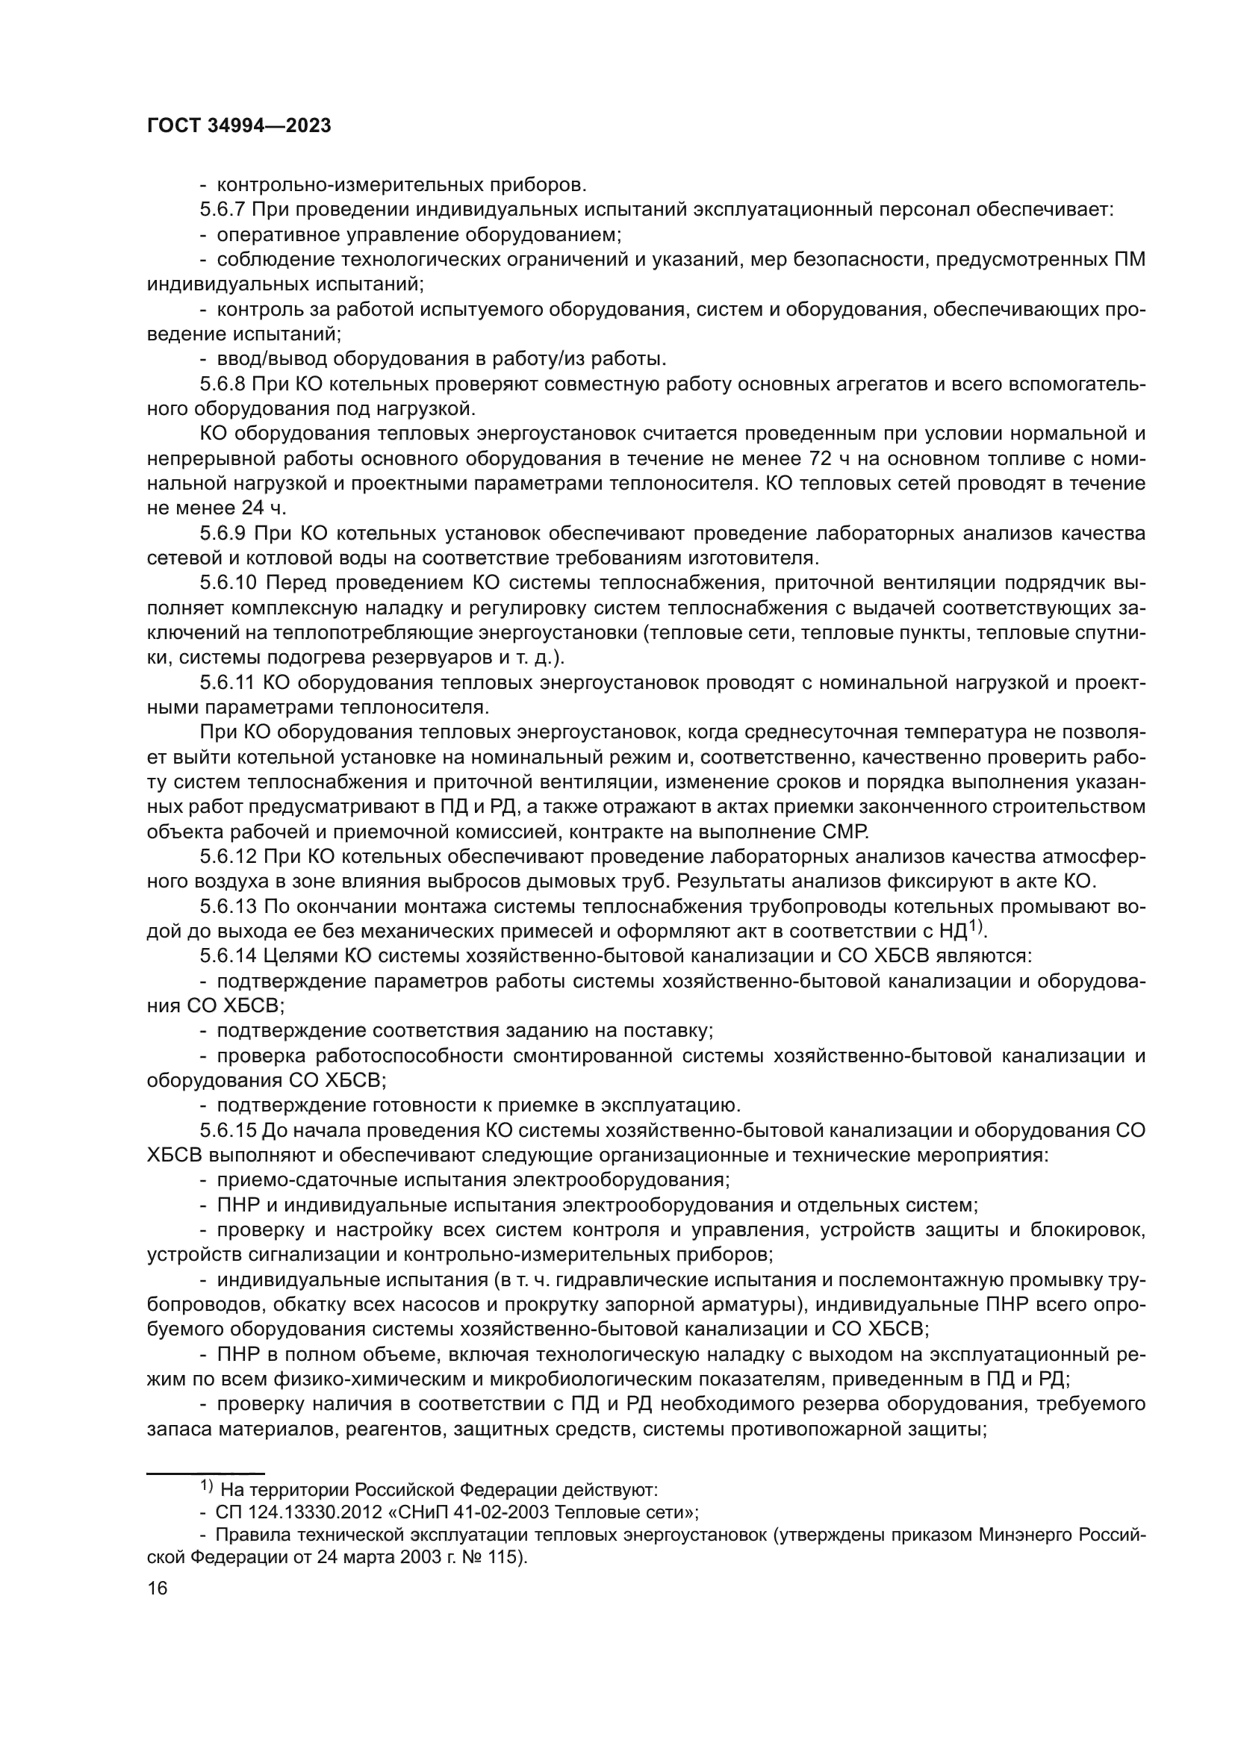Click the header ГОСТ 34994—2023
(239, 126)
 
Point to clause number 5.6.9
(223, 533)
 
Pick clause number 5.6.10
(229, 583)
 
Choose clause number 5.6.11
(228, 683)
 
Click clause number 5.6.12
(229, 857)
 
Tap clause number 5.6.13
(229, 906)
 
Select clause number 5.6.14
(229, 956)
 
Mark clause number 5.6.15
(229, 1130)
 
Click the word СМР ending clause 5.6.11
(848, 831)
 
